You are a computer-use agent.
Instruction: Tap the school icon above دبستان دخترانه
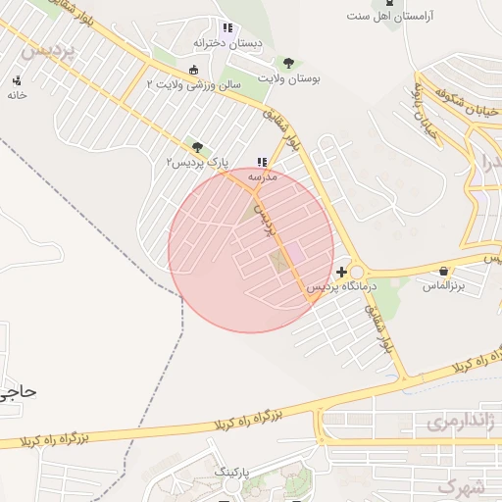227,28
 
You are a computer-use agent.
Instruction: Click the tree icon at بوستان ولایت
287,63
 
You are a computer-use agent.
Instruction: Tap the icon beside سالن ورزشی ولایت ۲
193,70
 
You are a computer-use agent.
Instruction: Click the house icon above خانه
16,81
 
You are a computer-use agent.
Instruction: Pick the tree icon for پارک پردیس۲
197,147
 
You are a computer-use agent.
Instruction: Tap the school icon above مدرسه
261,162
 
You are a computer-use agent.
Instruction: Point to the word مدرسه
262,176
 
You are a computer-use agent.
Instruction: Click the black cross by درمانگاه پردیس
340,272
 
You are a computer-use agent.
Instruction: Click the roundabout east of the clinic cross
355,273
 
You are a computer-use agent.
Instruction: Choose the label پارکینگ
232,472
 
